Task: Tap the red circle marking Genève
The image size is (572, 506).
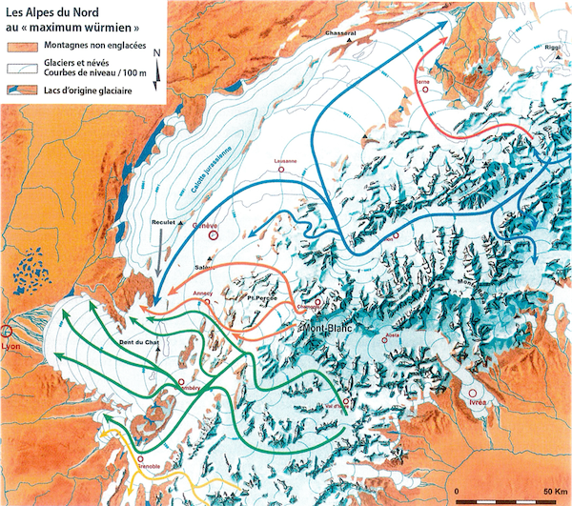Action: (214, 235)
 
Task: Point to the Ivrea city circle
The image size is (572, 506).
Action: (473, 392)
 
